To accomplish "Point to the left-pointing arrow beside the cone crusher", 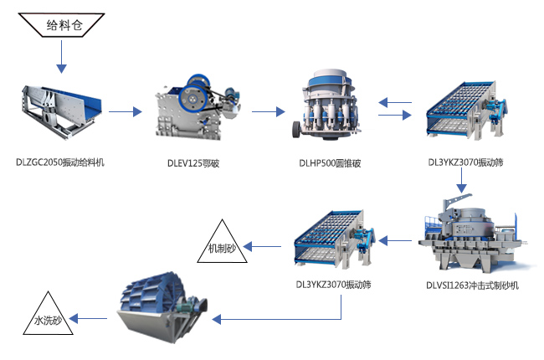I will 394,102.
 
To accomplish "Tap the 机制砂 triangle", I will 223,242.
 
